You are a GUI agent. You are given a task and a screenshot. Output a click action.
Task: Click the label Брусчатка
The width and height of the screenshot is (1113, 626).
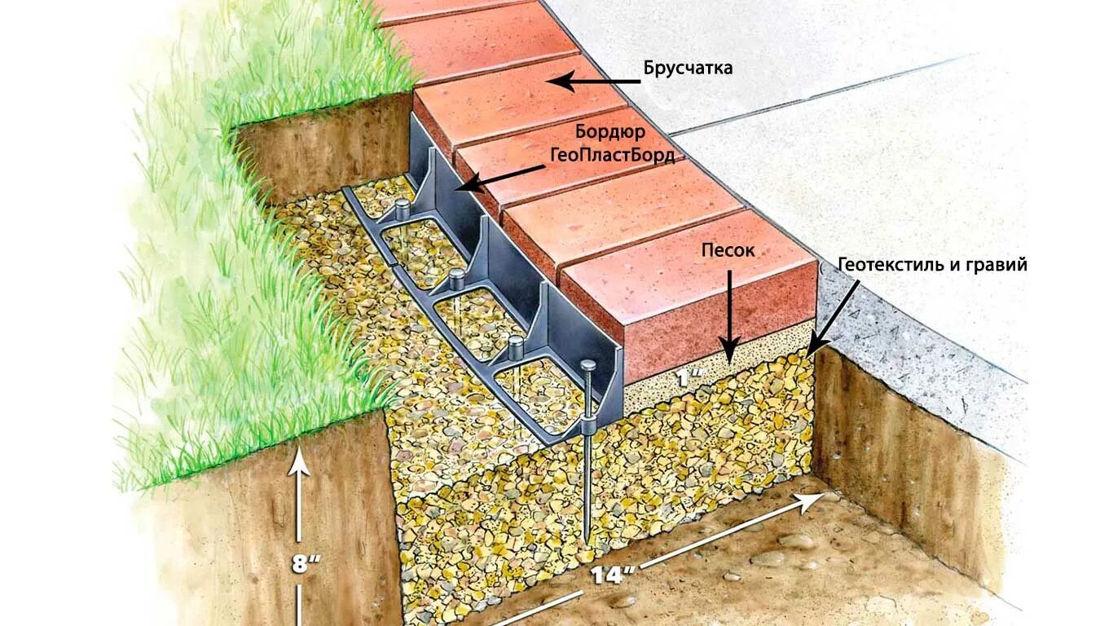(688, 68)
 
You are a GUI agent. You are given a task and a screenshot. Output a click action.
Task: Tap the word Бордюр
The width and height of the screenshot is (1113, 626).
(610, 132)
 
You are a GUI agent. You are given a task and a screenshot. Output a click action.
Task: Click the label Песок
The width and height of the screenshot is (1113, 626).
(728, 250)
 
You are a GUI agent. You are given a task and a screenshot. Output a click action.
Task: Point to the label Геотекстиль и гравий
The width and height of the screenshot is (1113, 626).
(931, 265)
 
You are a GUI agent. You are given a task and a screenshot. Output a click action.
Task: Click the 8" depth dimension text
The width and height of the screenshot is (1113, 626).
(301, 564)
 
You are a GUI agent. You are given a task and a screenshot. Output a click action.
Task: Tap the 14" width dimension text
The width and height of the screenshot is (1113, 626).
(614, 574)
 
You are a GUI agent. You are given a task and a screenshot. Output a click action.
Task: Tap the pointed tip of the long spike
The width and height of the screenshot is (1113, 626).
(587, 537)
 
